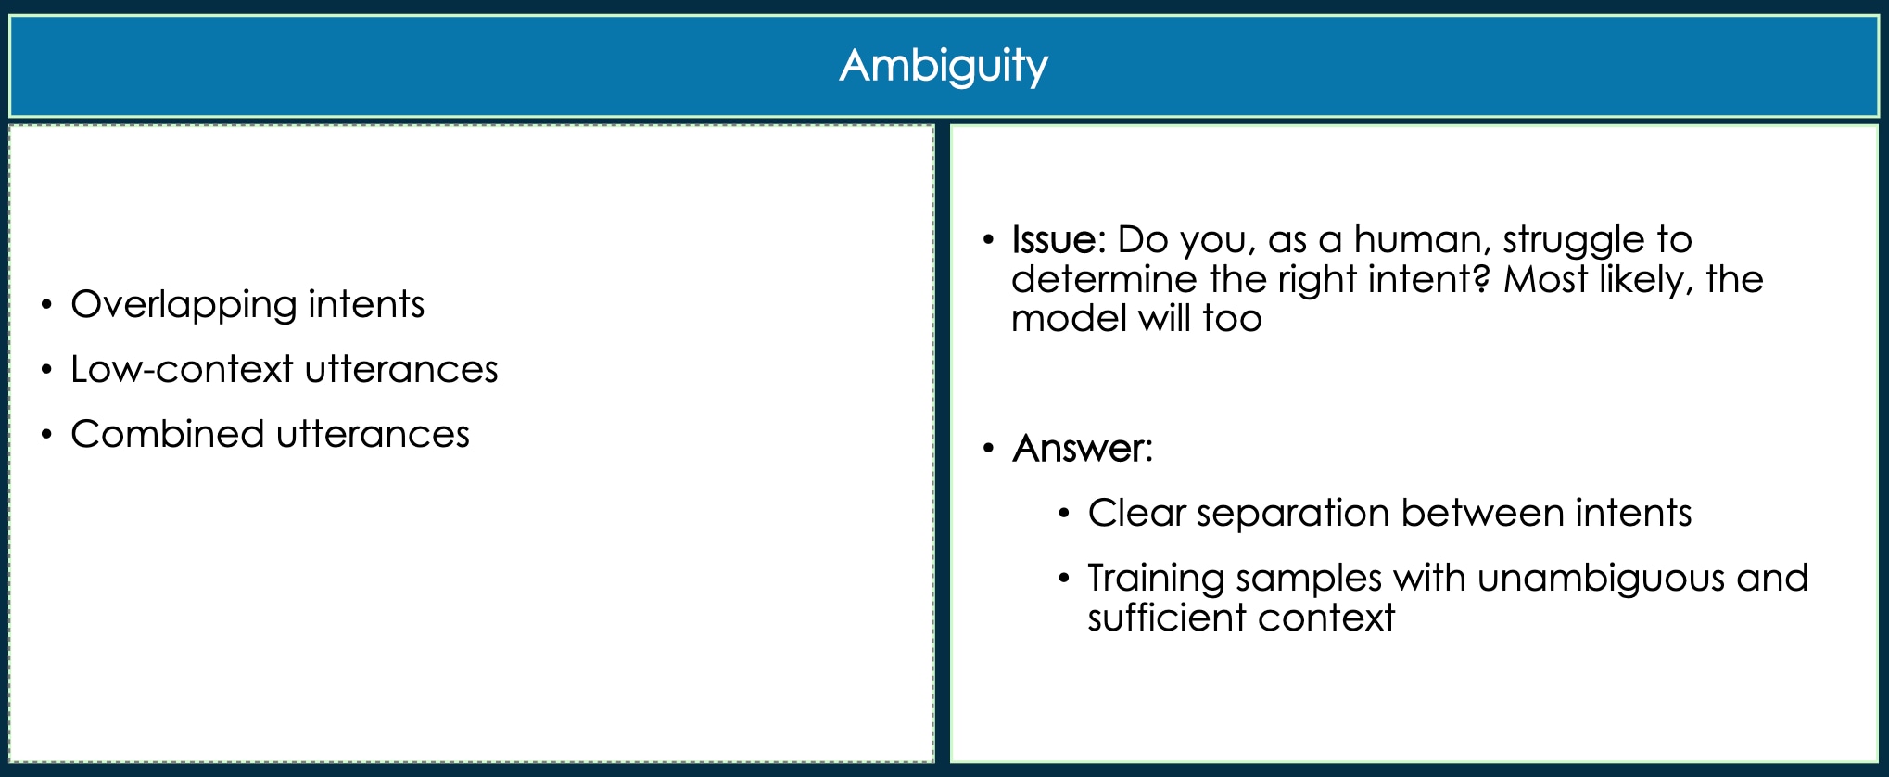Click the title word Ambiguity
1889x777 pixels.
944,67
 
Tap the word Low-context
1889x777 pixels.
182,369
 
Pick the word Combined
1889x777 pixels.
168,434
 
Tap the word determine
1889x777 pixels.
1104,279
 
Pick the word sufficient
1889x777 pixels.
1166,618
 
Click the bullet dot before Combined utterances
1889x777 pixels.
46,435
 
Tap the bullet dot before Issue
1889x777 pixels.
988,241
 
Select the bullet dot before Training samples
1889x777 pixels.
1064,580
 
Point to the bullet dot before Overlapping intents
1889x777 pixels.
46,305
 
